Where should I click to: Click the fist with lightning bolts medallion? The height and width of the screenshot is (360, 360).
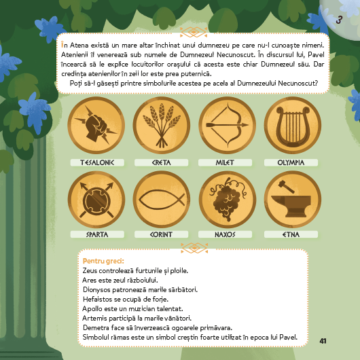96,125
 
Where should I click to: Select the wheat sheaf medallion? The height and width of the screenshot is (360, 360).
162,125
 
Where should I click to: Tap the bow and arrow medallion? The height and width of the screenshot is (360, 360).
228,125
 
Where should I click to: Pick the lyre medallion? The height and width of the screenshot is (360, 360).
293,125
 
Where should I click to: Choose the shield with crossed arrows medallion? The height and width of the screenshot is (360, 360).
96,199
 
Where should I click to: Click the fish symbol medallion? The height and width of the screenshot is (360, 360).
162,199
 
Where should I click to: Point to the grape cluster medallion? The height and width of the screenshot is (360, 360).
228,199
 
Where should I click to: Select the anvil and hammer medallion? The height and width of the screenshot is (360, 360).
293,199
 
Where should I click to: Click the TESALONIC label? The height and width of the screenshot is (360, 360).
97,162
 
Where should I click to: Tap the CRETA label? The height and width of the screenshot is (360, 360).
162,162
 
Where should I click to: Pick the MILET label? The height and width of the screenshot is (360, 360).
225,162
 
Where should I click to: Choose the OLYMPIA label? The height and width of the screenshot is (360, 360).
291,162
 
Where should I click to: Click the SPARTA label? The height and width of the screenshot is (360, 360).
97,234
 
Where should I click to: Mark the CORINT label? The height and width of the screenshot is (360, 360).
162,234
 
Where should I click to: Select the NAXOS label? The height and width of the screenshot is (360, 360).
225,234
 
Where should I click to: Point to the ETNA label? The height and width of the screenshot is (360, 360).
291,234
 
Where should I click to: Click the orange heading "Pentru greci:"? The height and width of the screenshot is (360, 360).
103,262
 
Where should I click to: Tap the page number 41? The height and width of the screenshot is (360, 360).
323,341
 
